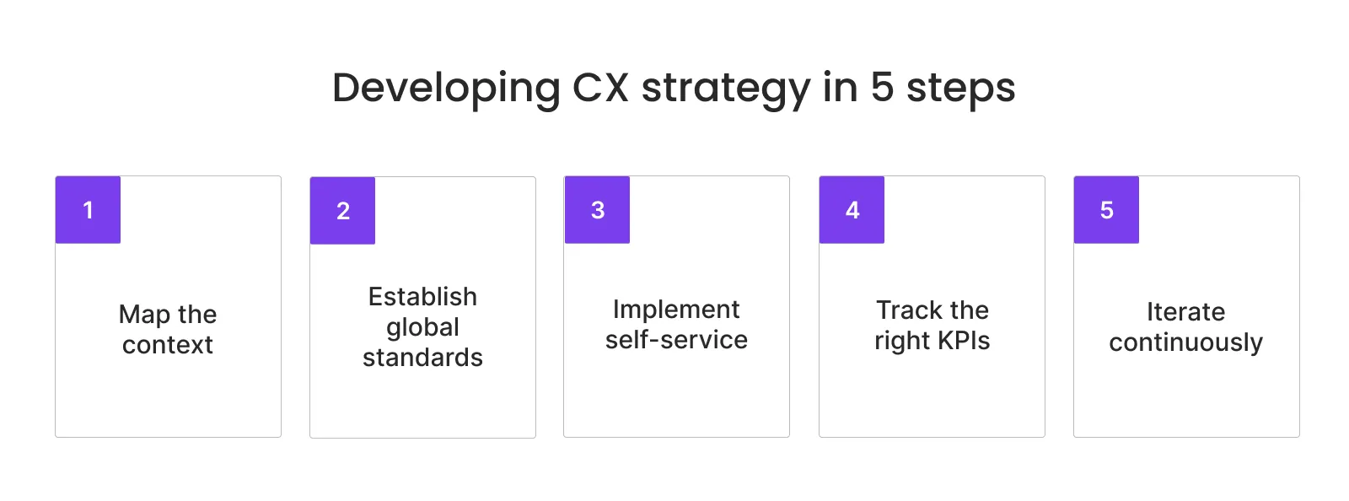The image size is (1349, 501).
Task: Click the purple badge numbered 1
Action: pyautogui.click(x=88, y=210)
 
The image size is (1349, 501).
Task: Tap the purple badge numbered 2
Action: pyautogui.click(x=342, y=211)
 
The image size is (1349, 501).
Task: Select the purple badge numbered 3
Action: pyautogui.click(x=597, y=210)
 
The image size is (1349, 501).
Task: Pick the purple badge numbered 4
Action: pyautogui.click(x=852, y=210)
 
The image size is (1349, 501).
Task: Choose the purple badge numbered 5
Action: pyautogui.click(x=1106, y=210)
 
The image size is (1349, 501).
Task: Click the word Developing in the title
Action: pyautogui.click(x=446, y=89)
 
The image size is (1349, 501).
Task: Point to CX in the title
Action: pyautogui.click(x=600, y=88)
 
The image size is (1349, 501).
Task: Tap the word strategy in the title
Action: pyautogui.click(x=725, y=89)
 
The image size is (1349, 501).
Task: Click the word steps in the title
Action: pyautogui.click(x=960, y=89)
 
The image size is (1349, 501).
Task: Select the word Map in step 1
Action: pyautogui.click(x=144, y=315)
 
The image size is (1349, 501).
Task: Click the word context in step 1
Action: pyautogui.click(x=168, y=345)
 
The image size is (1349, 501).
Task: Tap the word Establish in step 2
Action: pyautogui.click(x=422, y=297)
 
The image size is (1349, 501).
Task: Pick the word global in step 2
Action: pyautogui.click(x=422, y=327)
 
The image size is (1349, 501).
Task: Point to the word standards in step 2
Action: pyautogui.click(x=422, y=358)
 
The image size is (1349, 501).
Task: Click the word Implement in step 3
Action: pyautogui.click(x=676, y=310)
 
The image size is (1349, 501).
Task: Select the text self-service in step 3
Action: pyautogui.click(x=676, y=340)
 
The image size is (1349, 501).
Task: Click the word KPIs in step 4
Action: pyautogui.click(x=962, y=341)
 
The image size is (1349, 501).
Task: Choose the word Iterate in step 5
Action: pyautogui.click(x=1185, y=312)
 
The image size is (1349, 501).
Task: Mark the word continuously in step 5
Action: pyautogui.click(x=1185, y=342)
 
